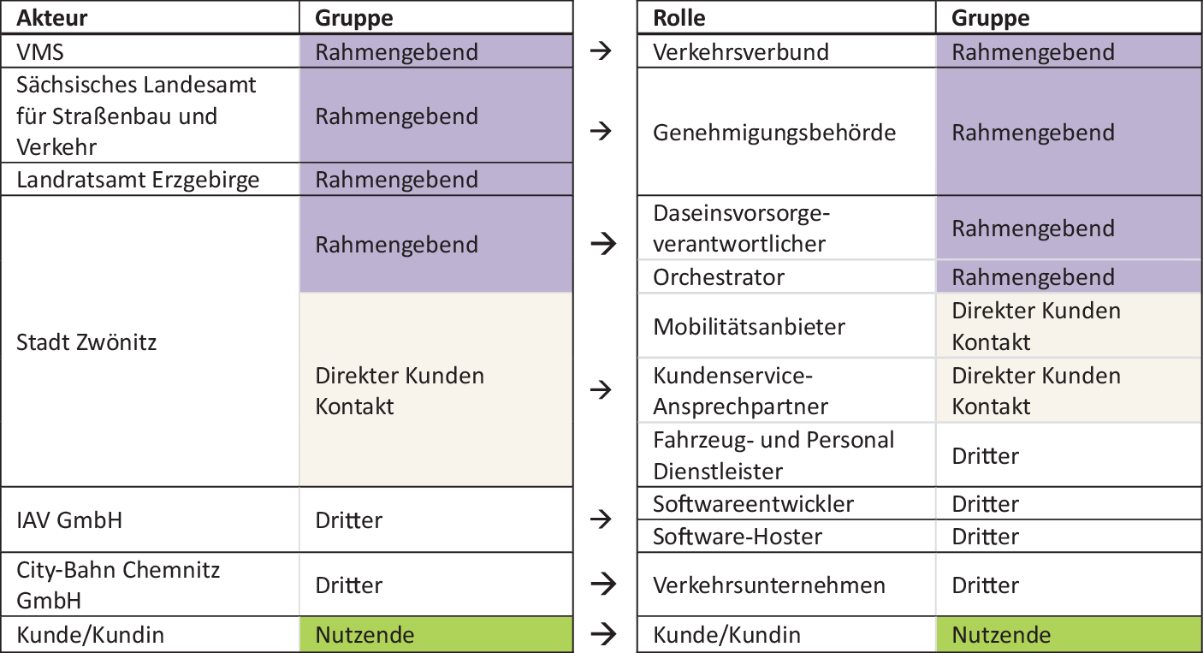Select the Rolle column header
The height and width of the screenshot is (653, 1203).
[x=679, y=18]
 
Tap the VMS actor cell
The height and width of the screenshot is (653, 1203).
[x=40, y=52]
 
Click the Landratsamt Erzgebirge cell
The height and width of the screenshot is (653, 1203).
[x=138, y=180]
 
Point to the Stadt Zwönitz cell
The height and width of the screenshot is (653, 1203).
[x=86, y=342]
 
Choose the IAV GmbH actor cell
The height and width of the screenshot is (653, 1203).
[x=69, y=520]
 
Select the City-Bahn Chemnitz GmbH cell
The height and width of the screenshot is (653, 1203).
[x=118, y=585]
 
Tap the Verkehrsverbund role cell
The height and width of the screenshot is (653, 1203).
[x=741, y=52]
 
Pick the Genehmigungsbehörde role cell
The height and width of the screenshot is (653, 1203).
[x=774, y=133]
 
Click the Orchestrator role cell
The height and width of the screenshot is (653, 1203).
[x=719, y=277]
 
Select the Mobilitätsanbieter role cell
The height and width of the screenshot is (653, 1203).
[x=749, y=327]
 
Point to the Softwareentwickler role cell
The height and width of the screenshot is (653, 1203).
[x=753, y=504]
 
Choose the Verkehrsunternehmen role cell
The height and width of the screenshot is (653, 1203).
[x=768, y=585]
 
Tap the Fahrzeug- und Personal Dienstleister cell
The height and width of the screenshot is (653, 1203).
[x=773, y=455]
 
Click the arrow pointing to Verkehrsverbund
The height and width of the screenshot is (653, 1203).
[x=602, y=52]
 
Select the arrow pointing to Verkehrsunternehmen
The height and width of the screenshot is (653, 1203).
[x=602, y=585]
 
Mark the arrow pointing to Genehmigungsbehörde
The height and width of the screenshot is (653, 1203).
[x=602, y=132]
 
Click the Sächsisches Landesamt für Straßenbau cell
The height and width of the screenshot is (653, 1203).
[x=136, y=116]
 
